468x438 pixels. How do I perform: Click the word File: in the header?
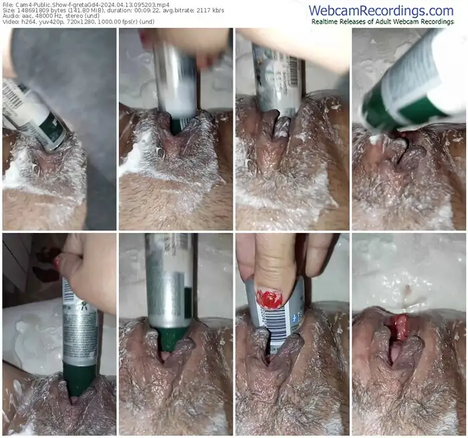tap(9, 4)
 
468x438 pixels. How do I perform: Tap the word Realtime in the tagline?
tap(328, 21)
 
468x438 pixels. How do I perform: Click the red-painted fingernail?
tap(268, 298)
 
